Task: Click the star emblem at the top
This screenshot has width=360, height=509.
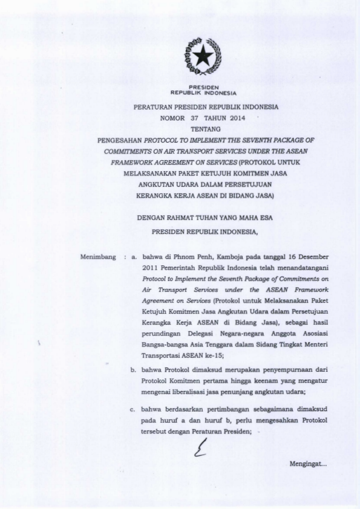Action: (203, 56)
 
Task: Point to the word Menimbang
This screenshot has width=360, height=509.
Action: (97, 257)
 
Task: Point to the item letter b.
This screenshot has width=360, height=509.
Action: (133, 368)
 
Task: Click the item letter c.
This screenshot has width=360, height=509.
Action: (133, 409)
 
